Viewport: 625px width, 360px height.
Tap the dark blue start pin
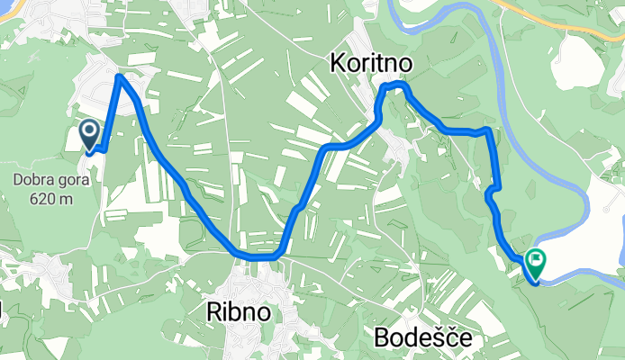pyautogui.click(x=90, y=135)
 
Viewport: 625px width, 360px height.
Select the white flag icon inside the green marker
pyautogui.click(x=537, y=261)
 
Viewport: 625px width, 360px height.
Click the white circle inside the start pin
pyautogui.click(x=90, y=130)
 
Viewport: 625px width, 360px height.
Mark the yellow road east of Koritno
pyautogui.click(x=576, y=22)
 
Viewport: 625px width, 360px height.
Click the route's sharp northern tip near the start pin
pyautogui.click(x=120, y=77)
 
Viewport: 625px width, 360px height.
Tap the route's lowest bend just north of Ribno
pyautogui.click(x=257, y=256)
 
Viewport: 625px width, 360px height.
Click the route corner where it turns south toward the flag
pyautogui.click(x=489, y=131)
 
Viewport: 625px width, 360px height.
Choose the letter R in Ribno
pyautogui.click(x=213, y=311)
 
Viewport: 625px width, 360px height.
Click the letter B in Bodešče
pyautogui.click(x=381, y=337)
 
